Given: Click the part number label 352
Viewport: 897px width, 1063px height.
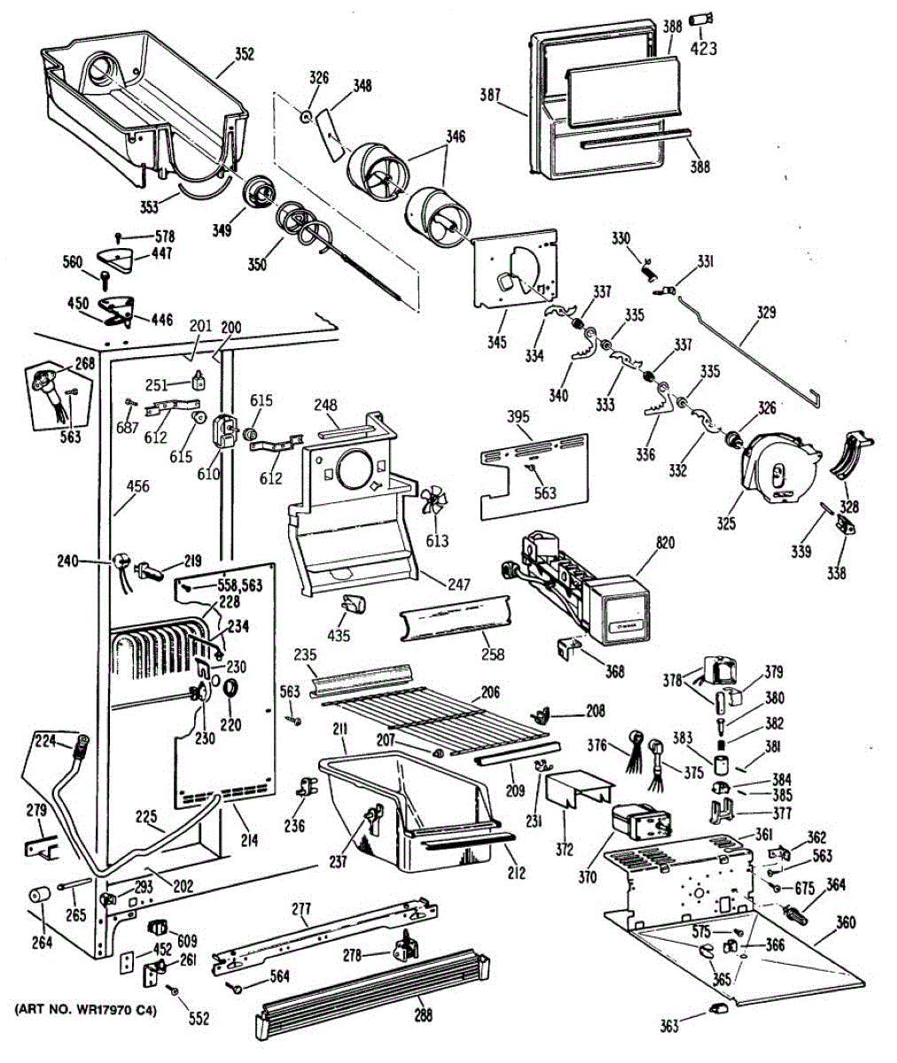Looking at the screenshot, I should pyautogui.click(x=245, y=55).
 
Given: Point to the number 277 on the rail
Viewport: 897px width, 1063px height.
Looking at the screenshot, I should pyautogui.click(x=301, y=908).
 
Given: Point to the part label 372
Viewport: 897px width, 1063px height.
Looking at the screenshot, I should pyautogui.click(x=565, y=850).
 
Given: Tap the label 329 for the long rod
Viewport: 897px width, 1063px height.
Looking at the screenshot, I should pyautogui.click(x=766, y=312).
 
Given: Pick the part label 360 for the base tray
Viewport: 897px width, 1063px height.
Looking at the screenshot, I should pyautogui.click(x=846, y=923).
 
